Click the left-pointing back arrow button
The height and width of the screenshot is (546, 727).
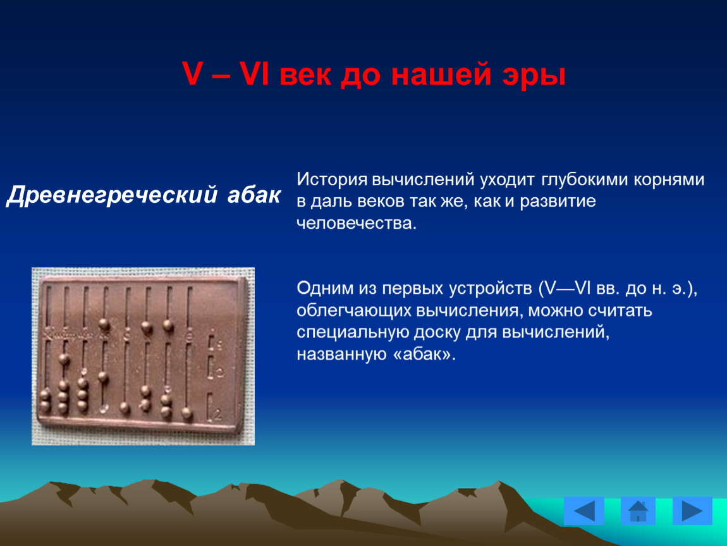(583, 511)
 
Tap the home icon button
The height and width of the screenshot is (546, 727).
(638, 511)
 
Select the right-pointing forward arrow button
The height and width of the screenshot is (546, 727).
(692, 511)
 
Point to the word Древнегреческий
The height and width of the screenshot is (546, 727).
(112, 195)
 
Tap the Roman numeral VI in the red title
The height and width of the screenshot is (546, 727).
(254, 73)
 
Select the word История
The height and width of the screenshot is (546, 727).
(332, 179)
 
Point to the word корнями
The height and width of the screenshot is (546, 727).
(669, 180)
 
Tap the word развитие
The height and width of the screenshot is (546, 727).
(558, 202)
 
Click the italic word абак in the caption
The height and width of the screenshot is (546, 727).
(254, 195)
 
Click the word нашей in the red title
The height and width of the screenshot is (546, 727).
(441, 74)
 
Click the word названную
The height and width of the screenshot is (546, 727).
(342, 354)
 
